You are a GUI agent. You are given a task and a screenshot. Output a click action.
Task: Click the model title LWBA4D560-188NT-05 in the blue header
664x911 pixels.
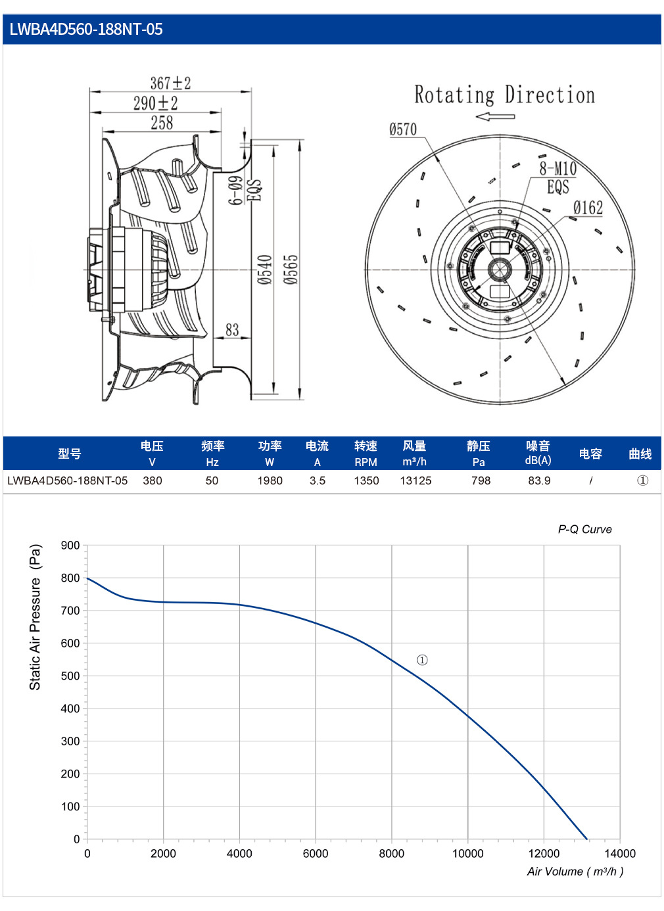click(86, 30)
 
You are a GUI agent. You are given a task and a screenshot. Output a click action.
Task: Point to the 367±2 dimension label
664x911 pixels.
click(170, 83)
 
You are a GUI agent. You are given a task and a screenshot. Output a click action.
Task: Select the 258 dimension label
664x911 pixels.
click(162, 123)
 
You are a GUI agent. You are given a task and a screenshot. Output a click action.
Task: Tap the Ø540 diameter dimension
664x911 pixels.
click(264, 269)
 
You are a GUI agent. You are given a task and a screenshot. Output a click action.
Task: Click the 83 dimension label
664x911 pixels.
click(232, 329)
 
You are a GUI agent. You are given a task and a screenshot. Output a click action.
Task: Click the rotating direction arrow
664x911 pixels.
click(495, 117)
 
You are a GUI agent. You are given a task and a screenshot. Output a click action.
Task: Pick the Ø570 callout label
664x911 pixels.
click(403, 129)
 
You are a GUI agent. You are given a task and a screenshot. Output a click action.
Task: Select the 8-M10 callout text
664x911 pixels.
click(557, 168)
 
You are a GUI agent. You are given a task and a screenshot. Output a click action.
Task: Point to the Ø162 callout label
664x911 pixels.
click(588, 208)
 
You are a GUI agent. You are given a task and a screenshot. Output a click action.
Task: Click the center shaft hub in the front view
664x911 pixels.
click(500, 269)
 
